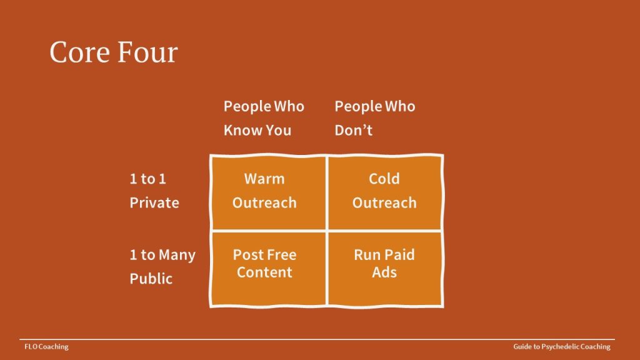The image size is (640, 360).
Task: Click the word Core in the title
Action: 79,52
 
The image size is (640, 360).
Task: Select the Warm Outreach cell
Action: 269,192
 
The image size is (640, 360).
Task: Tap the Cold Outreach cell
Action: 385,192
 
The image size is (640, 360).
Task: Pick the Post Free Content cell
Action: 269,268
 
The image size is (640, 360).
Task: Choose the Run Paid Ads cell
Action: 385,268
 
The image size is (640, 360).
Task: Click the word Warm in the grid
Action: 264,179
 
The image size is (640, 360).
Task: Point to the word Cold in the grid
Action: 384,179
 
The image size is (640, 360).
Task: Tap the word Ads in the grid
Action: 384,272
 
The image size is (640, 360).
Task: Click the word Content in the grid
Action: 264,272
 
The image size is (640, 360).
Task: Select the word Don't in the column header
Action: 354,130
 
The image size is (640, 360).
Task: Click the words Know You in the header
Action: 257,130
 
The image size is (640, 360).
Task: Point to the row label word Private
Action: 154,203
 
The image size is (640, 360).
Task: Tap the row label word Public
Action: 151,279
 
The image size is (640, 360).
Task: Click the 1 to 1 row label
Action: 147,179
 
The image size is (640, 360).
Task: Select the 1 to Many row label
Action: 162,255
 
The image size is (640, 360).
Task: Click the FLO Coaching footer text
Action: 46,347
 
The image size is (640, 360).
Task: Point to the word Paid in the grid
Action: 399,255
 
